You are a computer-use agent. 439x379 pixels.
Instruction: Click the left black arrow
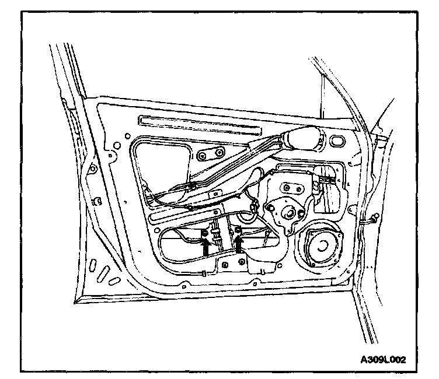(x=205, y=245)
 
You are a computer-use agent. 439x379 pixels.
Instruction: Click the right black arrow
(x=238, y=245)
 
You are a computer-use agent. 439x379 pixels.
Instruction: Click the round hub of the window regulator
(x=287, y=214)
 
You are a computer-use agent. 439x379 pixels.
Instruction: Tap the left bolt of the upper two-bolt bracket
(x=203, y=156)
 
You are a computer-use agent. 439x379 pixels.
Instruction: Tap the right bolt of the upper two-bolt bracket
(x=219, y=154)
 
